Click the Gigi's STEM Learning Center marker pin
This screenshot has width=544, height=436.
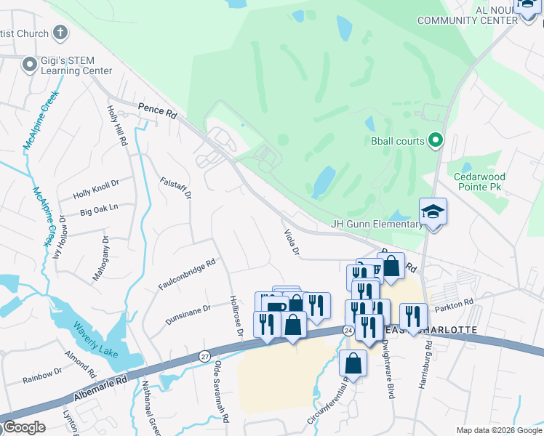30,65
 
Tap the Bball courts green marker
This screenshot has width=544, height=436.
436,140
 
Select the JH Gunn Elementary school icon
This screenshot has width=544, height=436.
433,211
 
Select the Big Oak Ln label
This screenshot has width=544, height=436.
99,211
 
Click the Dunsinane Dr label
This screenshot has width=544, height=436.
187,308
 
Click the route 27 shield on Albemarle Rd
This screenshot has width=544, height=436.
204,356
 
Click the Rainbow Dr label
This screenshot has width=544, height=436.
42,375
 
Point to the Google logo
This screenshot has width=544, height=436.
24,427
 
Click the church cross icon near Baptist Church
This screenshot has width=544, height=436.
60,33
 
